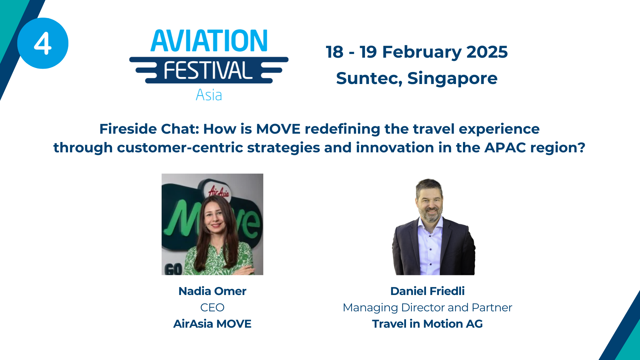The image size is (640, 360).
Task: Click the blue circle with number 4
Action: pyautogui.click(x=43, y=43)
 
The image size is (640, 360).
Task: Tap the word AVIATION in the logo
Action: pyautogui.click(x=209, y=41)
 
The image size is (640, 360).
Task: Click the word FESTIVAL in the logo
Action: pyautogui.click(x=208, y=70)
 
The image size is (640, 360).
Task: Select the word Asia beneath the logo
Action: pyautogui.click(x=209, y=95)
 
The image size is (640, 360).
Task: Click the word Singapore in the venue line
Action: pyautogui.click(x=452, y=79)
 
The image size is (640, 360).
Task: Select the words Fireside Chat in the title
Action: pyautogui.click(x=149, y=129)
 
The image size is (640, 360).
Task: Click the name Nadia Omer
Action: pyautogui.click(x=212, y=291)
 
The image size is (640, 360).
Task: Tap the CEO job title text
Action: pyautogui.click(x=212, y=307)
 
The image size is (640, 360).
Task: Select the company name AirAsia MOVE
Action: pyautogui.click(x=212, y=324)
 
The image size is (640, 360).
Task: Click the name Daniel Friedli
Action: pyautogui.click(x=427, y=291)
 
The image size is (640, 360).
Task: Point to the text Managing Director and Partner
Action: pyautogui.click(x=427, y=307)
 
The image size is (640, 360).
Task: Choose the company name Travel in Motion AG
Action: pyautogui.click(x=427, y=324)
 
